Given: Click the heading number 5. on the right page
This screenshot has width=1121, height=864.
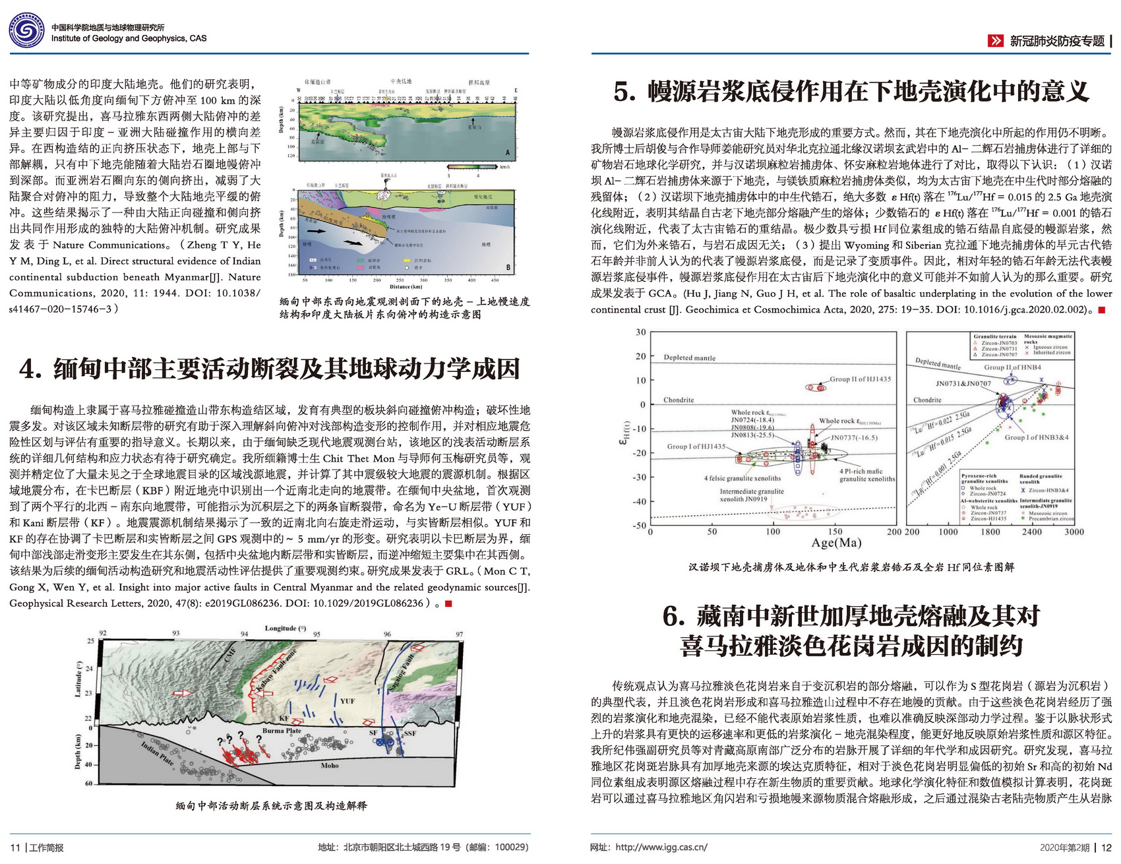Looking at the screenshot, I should (x=624, y=92).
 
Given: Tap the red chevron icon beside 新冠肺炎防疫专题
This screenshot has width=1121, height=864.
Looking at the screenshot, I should (x=995, y=41).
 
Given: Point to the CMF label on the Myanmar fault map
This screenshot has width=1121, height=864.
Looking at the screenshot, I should (x=229, y=655).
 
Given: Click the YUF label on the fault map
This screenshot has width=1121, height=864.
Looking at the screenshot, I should (x=347, y=701).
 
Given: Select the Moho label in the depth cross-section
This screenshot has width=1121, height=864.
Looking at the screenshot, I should (x=330, y=766).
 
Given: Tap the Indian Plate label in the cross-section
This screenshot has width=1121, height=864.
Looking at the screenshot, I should (x=158, y=753).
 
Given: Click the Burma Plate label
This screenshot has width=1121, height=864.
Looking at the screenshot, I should (x=282, y=731).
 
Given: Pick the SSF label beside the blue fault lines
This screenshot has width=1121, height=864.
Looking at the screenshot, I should (x=410, y=733).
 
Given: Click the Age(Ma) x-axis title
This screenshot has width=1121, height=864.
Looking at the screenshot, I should (x=836, y=543).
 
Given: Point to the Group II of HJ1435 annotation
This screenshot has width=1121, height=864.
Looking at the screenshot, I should (x=860, y=379).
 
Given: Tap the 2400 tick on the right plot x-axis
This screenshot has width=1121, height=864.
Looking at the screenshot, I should (x=1032, y=532).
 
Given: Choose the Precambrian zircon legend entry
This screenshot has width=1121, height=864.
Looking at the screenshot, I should (x=1050, y=518).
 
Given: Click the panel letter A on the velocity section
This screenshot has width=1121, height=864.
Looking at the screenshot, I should (x=508, y=152).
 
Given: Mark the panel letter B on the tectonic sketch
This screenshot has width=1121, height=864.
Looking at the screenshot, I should (x=508, y=267).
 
